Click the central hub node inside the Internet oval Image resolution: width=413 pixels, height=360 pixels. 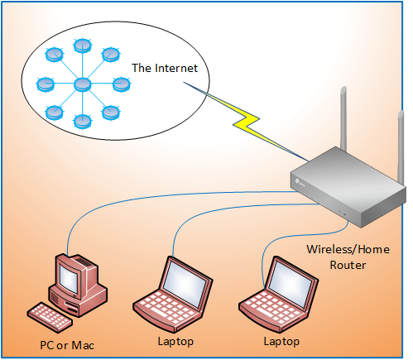82,84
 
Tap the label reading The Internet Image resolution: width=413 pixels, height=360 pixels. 164,67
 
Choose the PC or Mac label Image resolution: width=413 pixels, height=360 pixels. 67,343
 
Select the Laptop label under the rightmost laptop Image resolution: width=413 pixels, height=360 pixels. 281,341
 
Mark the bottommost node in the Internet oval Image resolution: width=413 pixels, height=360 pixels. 82,122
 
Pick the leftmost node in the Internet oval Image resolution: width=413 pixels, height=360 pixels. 45,84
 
